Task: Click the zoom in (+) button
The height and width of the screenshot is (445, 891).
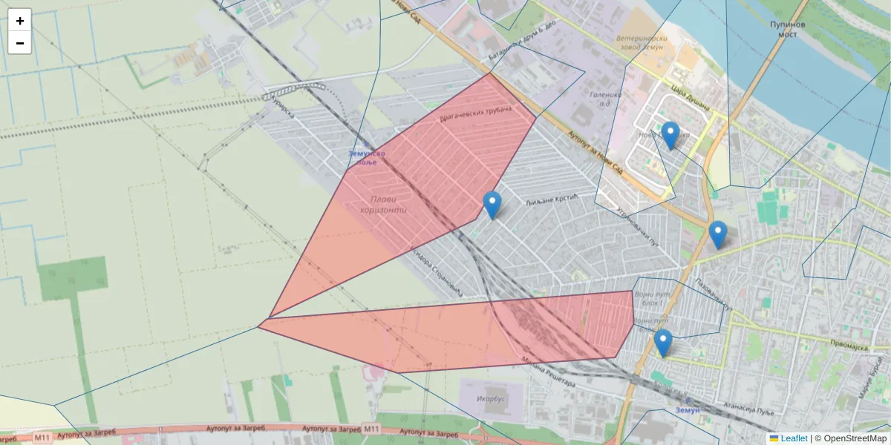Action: tap(20, 21)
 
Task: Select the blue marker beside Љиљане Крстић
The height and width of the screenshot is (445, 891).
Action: tap(492, 205)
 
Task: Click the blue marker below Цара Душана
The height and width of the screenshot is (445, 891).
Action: tap(670, 135)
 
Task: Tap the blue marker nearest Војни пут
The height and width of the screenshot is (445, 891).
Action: tap(662, 343)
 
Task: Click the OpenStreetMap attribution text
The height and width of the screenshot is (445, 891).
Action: tap(855, 438)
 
